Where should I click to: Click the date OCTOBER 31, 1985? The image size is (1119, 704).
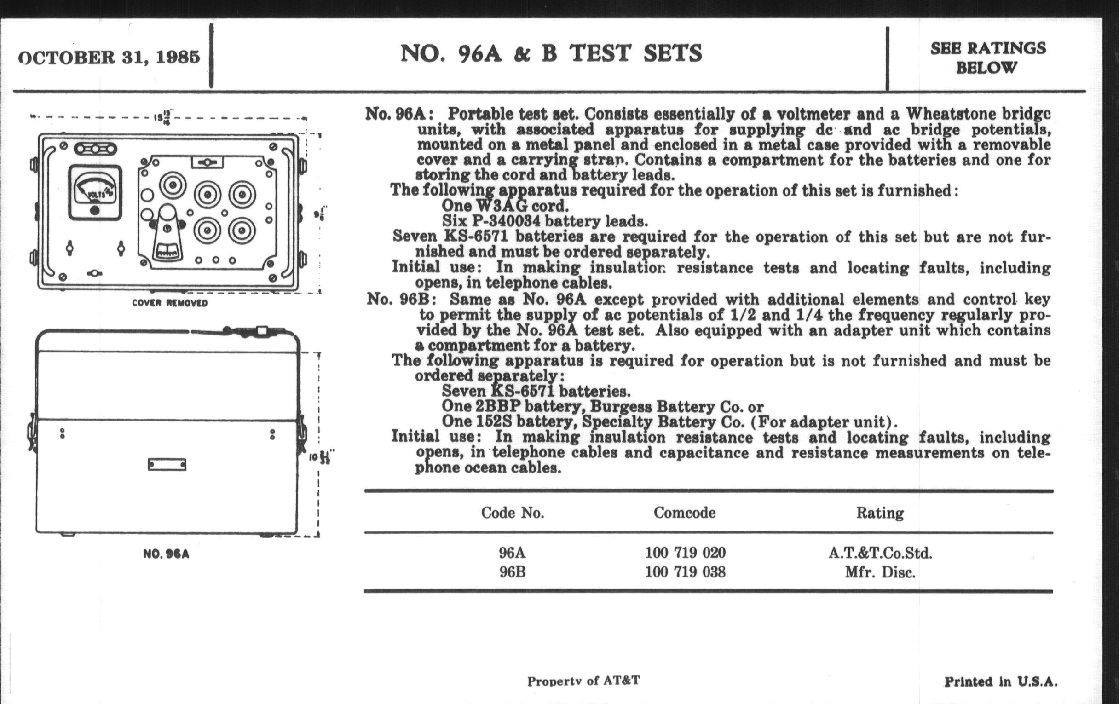109,57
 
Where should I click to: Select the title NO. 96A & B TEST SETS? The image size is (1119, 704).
551,53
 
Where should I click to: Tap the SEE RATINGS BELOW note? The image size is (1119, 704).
988,58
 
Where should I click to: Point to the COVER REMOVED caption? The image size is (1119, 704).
170,303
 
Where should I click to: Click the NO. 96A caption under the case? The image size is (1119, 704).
166,554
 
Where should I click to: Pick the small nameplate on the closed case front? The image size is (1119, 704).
167,464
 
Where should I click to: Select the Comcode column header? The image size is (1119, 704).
685,513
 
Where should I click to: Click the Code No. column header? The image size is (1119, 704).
513,513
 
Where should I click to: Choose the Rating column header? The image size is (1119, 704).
880,513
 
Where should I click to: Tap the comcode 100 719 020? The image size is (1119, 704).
685,553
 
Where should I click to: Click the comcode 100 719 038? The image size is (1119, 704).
685,571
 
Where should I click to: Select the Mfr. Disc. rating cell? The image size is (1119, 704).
880,572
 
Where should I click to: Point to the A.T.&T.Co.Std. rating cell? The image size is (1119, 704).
880,553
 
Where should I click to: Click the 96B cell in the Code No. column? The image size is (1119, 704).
513,571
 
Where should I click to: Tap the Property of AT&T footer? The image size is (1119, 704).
583,681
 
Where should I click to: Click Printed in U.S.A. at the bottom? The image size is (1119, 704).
1001,682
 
